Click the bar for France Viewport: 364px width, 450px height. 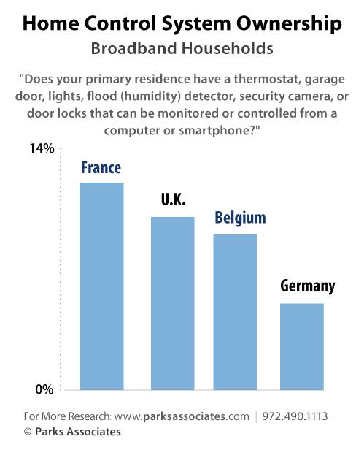click(101, 286)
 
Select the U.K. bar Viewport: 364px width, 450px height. click(172, 303)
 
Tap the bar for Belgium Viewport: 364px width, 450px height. click(235, 312)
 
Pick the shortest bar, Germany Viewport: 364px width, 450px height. click(302, 346)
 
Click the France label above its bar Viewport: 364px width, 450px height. click(101, 168)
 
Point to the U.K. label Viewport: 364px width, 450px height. click(173, 200)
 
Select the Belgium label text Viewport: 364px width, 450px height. click(239, 218)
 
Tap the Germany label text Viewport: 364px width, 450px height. click(307, 286)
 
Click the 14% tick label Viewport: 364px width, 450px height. click(42, 149)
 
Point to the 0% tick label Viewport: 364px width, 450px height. click(44, 389)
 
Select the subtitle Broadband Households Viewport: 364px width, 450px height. click(182, 49)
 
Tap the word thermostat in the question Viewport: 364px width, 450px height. click(272, 79)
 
